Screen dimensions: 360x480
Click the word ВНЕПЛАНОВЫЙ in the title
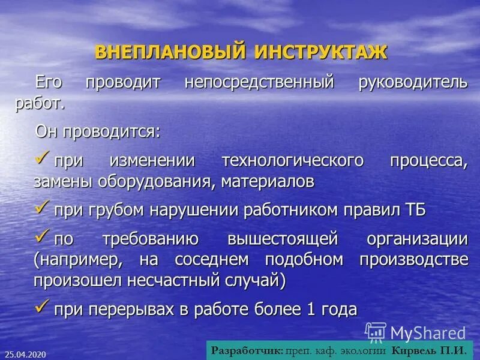click(x=170, y=52)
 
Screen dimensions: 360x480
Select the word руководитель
click(x=412, y=82)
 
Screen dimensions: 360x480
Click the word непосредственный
click(x=259, y=82)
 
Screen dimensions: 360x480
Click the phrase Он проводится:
click(x=98, y=131)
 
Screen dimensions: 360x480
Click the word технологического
click(x=293, y=161)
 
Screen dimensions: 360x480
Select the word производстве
click(x=413, y=260)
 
